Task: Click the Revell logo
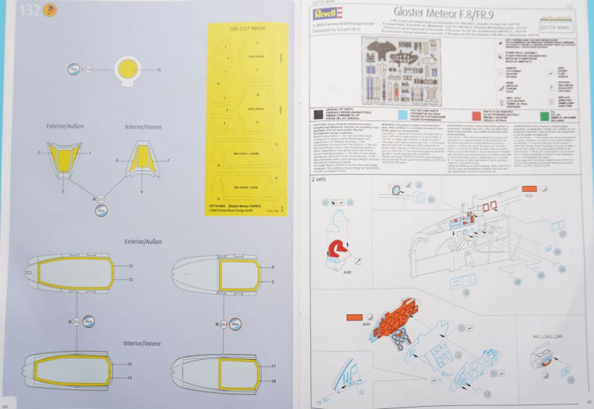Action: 328,13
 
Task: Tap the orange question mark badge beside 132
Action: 48,10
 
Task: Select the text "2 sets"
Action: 319,179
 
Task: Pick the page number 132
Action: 30,10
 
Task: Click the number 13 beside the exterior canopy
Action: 130,279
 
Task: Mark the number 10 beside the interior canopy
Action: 273,380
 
